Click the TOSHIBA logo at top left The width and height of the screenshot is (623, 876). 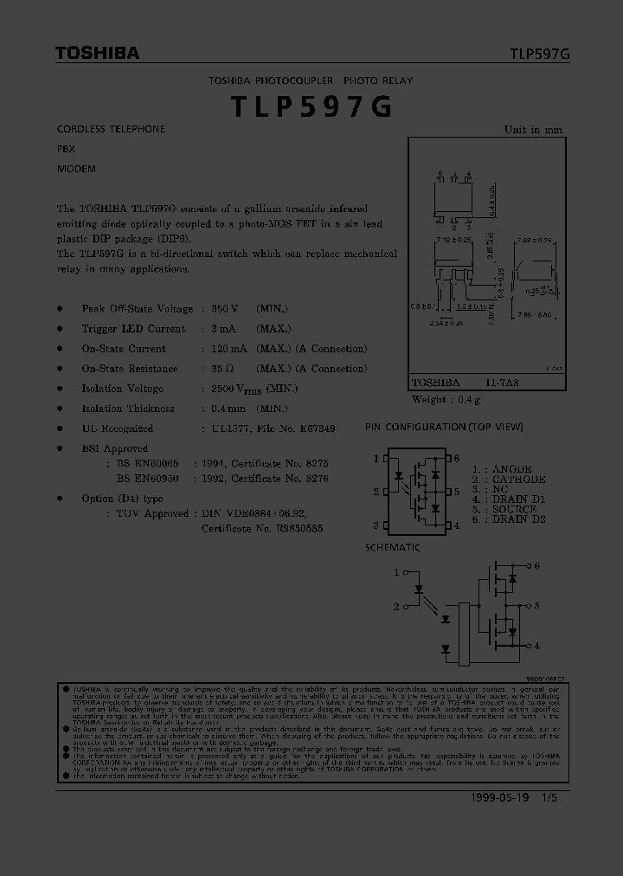click(x=97, y=54)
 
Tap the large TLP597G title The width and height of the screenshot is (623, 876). click(x=311, y=106)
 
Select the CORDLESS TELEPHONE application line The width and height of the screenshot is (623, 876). click(x=111, y=129)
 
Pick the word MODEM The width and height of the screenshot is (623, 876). click(x=76, y=169)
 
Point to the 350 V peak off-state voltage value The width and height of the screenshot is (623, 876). click(x=224, y=309)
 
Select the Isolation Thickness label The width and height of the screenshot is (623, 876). click(x=128, y=409)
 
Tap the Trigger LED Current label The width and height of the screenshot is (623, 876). click(x=133, y=329)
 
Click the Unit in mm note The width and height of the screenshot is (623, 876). click(x=533, y=130)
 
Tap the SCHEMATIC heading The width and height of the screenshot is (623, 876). click(x=392, y=548)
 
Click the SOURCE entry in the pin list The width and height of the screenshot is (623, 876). click(x=518, y=509)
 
